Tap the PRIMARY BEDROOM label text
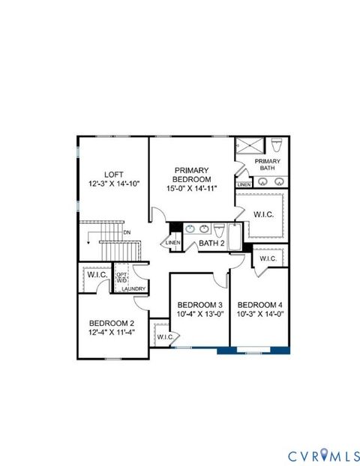tap(191, 175)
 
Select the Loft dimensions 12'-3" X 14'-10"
tap(114, 184)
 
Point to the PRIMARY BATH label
tap(267, 165)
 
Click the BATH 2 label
tap(212, 243)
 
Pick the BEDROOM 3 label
tap(199, 305)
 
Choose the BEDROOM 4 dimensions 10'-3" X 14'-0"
tap(259, 315)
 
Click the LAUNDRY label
tap(134, 288)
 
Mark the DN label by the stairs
tap(127, 233)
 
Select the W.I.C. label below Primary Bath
tap(263, 214)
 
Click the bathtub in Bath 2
tap(235, 237)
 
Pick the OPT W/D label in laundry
tap(122, 278)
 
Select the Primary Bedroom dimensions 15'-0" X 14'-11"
tap(191, 189)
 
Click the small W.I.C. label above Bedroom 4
tap(268, 259)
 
